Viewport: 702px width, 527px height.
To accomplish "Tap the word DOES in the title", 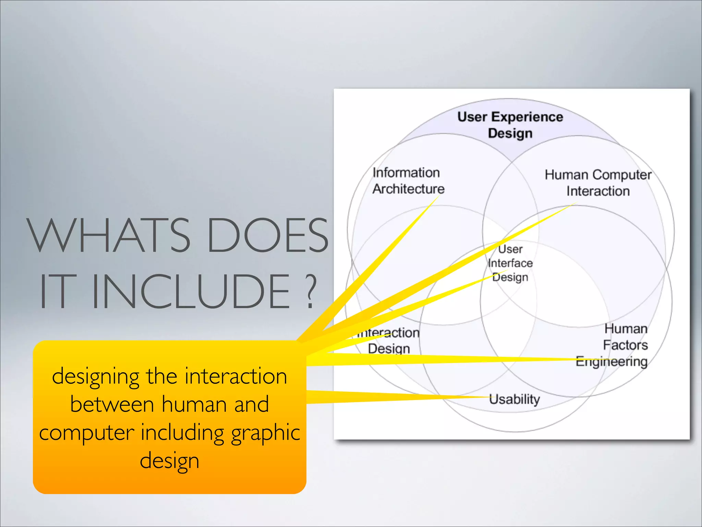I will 267,235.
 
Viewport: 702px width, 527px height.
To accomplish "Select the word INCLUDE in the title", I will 192,291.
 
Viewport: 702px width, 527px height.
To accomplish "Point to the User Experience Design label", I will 510,125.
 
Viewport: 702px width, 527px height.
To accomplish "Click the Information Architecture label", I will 408,181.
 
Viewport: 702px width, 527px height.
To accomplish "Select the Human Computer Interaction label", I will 598,183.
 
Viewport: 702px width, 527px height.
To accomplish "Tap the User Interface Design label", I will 510,263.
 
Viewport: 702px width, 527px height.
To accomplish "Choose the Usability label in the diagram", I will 514,399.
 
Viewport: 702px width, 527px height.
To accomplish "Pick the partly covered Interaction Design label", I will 389,341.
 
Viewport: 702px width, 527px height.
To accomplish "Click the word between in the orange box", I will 112,404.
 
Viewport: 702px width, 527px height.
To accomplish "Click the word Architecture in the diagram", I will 409,189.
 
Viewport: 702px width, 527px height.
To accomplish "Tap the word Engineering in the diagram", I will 612,362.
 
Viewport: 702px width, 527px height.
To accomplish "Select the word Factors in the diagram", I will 625,345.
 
